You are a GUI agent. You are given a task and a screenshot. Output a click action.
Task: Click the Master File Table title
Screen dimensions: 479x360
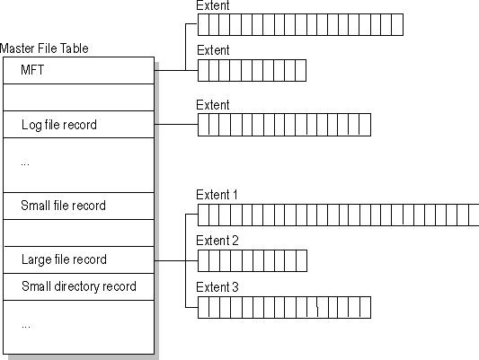coord(44,48)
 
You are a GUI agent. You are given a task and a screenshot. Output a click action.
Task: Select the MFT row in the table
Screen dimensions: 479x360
coord(78,71)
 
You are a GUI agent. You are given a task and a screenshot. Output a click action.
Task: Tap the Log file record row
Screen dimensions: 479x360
coord(78,125)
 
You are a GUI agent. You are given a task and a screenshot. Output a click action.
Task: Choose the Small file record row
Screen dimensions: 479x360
coord(78,206)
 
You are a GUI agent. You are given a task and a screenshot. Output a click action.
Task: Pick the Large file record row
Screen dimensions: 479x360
coord(78,260)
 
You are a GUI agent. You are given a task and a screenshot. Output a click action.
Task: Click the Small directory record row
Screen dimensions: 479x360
coord(78,286)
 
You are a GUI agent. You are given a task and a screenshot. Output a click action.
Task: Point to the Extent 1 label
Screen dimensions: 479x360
coord(217,195)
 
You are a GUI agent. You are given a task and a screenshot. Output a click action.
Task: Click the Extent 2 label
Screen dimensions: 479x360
coord(217,241)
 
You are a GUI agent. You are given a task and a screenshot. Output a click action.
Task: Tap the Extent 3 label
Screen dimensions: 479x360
coord(217,287)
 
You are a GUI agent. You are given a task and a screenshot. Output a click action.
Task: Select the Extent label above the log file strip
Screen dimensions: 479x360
coord(213,105)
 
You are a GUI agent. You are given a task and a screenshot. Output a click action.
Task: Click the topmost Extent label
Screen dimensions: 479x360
coord(213,5)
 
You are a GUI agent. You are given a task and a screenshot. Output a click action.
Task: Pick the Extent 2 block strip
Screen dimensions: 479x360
coord(253,261)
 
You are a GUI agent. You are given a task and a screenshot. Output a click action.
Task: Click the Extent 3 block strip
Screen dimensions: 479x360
coord(284,307)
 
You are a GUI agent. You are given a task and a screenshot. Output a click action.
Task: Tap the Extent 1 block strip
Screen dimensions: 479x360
coord(338,215)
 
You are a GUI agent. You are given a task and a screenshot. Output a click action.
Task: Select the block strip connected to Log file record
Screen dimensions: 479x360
coord(284,125)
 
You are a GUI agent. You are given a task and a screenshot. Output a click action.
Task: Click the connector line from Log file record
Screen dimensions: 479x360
coord(176,125)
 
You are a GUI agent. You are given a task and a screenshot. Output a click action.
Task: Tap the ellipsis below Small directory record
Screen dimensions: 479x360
coord(26,327)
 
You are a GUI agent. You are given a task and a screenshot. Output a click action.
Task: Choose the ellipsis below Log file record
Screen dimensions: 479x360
coord(25,164)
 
